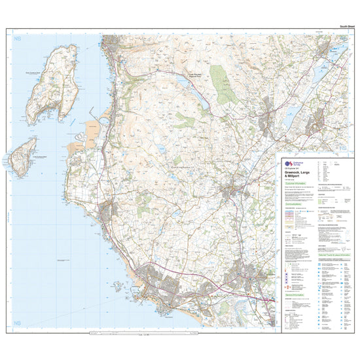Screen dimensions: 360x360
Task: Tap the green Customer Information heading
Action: click(293, 184)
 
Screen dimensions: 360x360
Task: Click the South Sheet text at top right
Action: click(347, 26)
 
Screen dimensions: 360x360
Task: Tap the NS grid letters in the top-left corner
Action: click(18, 41)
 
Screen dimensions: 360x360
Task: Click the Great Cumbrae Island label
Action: click(38, 74)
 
